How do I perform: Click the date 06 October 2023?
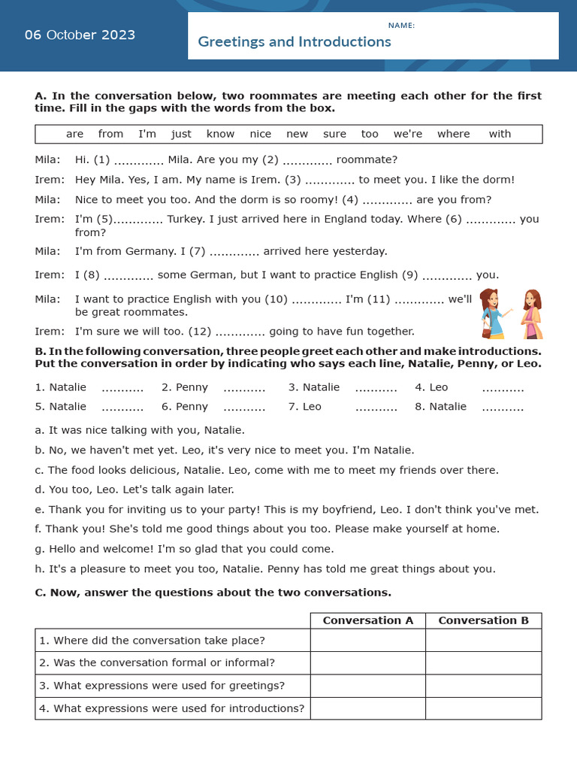click(80, 35)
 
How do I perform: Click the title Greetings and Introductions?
click(294, 42)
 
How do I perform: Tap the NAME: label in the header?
click(401, 26)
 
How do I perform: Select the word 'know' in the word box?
click(220, 134)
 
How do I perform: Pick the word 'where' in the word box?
click(453, 134)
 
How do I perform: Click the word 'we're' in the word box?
click(408, 134)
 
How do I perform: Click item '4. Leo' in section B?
click(431, 387)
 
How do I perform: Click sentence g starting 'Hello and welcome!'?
click(185, 549)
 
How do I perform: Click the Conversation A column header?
click(367, 620)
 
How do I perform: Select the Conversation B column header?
click(483, 620)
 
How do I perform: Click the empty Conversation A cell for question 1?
click(367, 641)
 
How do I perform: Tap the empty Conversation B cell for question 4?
click(483, 708)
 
